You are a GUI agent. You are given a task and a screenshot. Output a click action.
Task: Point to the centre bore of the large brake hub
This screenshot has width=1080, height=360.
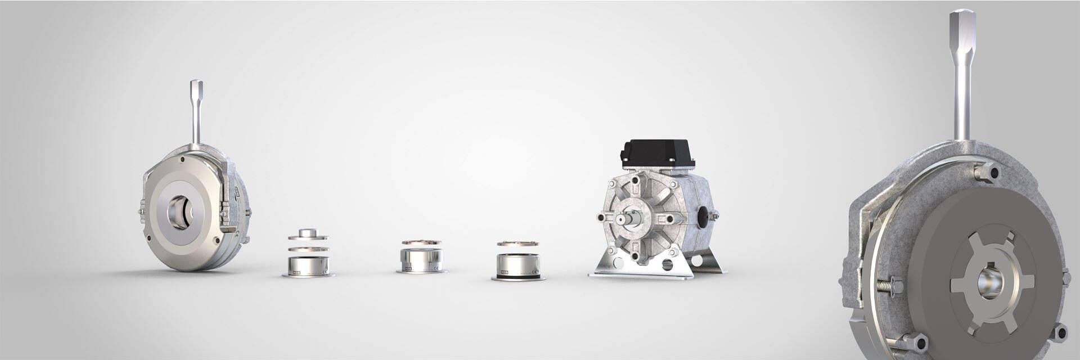pos(988,280)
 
